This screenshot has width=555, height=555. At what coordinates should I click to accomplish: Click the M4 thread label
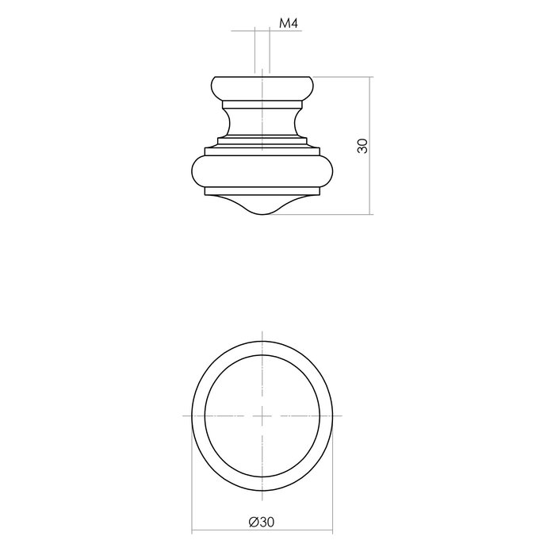coord(288,25)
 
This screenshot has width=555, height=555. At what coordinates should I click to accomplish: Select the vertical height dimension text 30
coord(362,145)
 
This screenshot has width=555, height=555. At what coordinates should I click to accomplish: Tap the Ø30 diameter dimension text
coord(262,522)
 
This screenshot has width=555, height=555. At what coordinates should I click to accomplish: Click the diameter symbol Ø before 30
coord(252,522)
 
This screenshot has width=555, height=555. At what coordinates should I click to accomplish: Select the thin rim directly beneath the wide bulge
coord(262,192)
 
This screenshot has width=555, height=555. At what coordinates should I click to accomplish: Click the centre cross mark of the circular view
coord(262,415)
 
